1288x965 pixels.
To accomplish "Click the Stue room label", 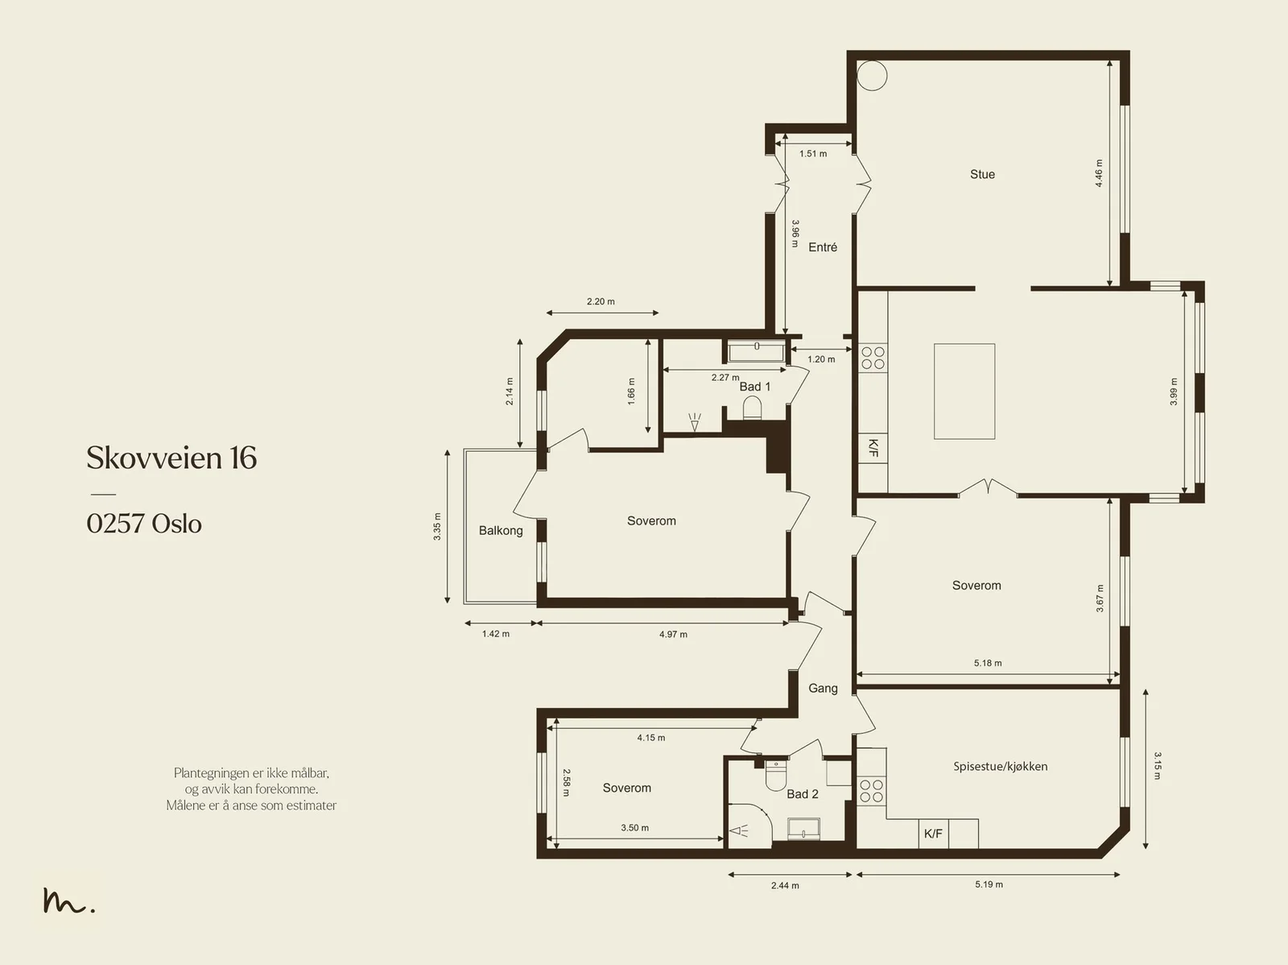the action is (x=982, y=174).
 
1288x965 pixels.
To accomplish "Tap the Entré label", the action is (x=823, y=247).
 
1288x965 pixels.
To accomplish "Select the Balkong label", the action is (x=501, y=531).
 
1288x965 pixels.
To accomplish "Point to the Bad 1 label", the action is (x=754, y=386).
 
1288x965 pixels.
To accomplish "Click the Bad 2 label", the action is (x=802, y=794).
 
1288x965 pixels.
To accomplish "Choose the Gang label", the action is (x=823, y=689).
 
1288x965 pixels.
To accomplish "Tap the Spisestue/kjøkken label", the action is (x=1001, y=766).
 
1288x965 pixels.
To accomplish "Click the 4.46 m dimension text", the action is (x=1099, y=173).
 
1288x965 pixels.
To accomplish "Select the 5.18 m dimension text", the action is (x=989, y=663).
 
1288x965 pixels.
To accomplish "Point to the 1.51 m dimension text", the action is (x=813, y=154).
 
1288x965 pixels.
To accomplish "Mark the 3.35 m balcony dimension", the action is (x=437, y=527).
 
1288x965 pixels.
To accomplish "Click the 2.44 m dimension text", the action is (x=785, y=885).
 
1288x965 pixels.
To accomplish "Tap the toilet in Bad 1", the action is (x=752, y=408).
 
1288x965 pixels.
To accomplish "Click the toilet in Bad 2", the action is (x=776, y=776).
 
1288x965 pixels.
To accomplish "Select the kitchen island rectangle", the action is (x=964, y=391).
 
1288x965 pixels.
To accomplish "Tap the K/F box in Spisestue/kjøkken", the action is (x=934, y=834).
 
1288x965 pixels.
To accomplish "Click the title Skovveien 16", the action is (x=171, y=458).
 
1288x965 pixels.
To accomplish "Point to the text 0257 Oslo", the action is (x=144, y=524).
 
